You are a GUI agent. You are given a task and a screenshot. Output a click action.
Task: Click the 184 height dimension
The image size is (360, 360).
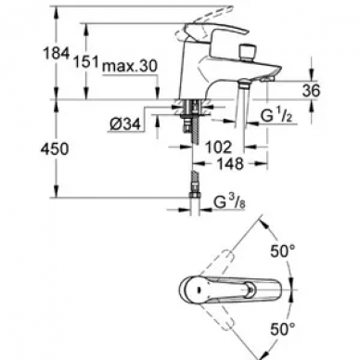coord(56,54)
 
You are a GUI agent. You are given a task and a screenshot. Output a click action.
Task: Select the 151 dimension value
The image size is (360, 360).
coord(85,62)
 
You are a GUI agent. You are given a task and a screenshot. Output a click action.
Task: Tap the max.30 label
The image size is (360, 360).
coord(130,66)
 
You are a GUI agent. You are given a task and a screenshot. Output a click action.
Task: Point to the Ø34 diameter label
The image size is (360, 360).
coord(125,124)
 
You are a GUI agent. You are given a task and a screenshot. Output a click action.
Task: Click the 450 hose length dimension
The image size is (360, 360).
coord(55,149)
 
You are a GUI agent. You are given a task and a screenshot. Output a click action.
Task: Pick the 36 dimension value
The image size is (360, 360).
coord(311,91)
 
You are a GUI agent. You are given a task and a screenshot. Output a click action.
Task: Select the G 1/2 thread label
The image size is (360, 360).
coord(277,116)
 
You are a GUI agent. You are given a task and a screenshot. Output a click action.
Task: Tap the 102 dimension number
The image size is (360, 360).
coord(218,148)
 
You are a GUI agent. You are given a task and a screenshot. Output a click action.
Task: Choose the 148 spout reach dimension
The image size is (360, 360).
coord(230,163)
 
